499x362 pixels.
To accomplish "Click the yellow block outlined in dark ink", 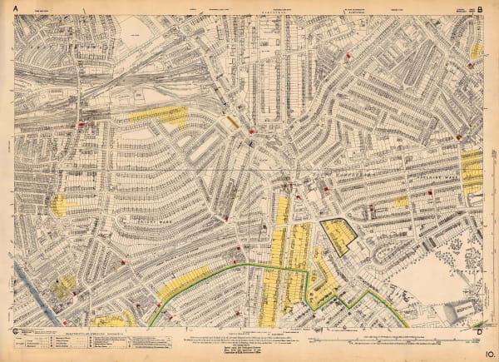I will point(338,236).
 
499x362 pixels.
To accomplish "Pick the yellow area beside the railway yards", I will point(161,116).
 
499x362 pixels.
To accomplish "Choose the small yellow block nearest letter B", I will point(476,51).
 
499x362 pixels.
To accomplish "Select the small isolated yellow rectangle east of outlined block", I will point(401,201).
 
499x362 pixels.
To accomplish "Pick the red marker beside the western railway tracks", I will point(81,125).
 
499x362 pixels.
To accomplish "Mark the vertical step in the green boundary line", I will point(309,287).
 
